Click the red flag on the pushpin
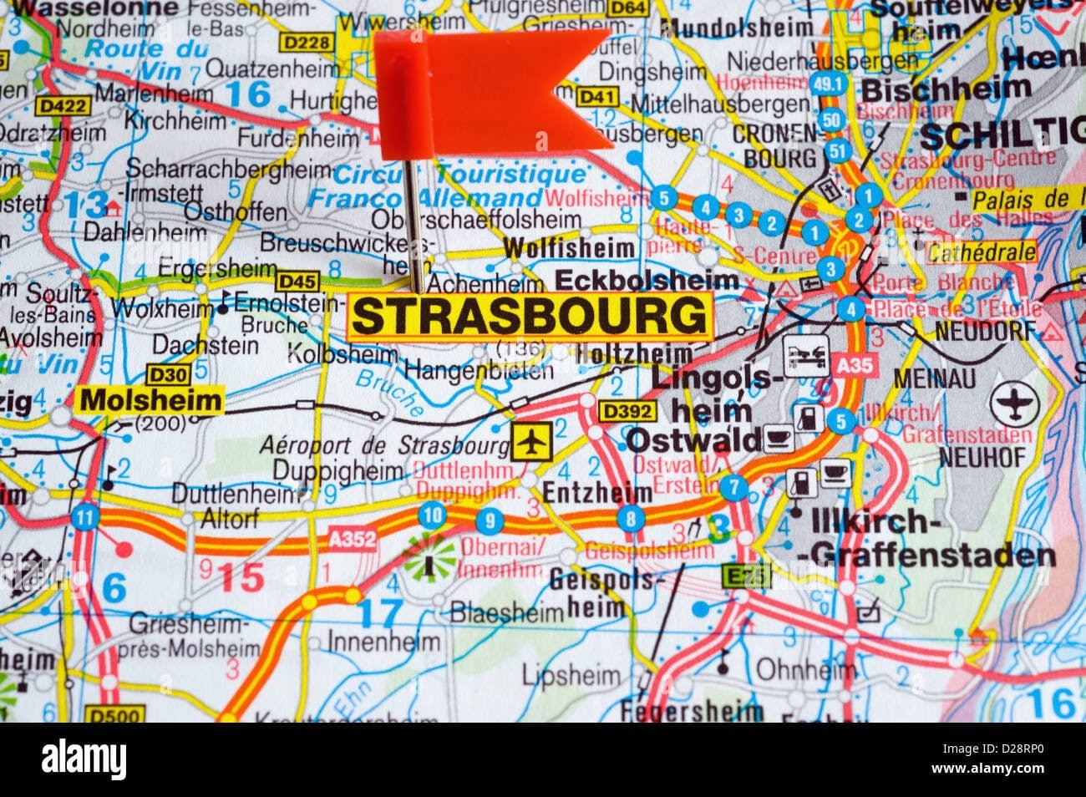point(501,84)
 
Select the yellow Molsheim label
point(151,400)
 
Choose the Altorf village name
point(230,519)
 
